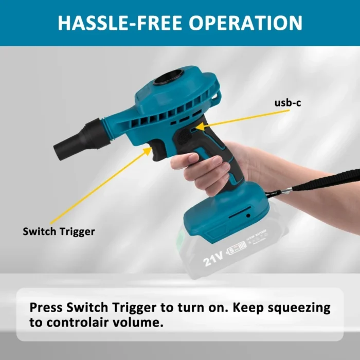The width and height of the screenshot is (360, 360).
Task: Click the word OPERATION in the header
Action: [x=245, y=23]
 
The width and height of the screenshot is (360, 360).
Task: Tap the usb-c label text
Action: [x=287, y=103]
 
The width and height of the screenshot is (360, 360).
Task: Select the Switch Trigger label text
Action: [x=59, y=231]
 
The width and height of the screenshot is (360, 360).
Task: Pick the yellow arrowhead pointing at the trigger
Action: [x=148, y=151]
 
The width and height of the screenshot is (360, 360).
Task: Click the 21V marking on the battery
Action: [x=213, y=259]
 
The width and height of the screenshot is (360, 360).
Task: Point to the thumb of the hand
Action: [x=186, y=160]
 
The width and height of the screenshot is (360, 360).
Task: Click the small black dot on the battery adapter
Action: [x=248, y=215]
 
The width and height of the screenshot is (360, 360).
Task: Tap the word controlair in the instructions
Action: [x=77, y=322]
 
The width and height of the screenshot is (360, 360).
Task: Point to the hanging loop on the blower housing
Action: [x=218, y=96]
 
